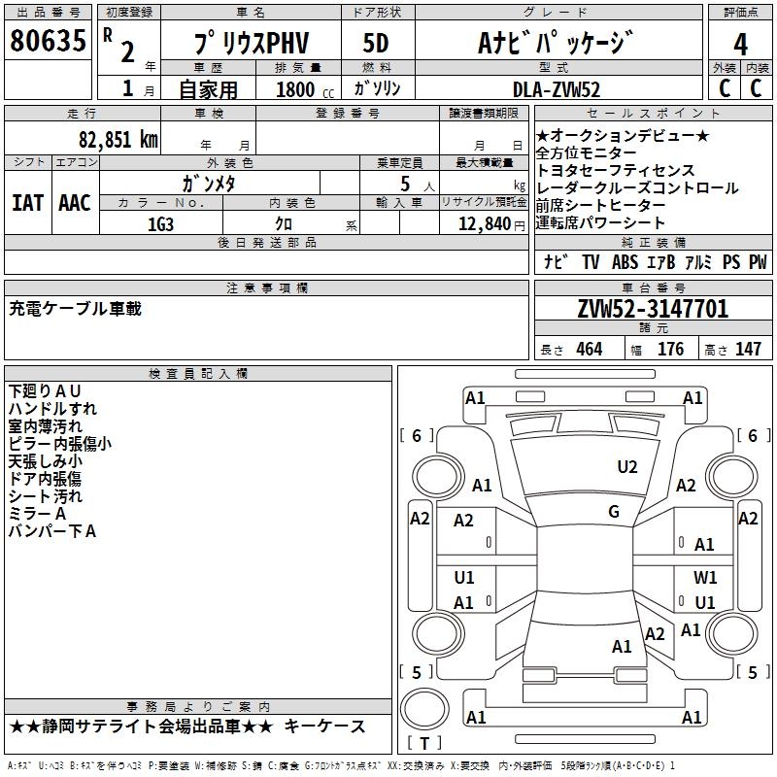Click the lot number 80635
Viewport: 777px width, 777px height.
click(47, 42)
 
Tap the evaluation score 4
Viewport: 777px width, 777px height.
click(741, 45)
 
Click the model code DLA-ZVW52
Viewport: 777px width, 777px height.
click(557, 89)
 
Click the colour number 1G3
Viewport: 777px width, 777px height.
click(160, 222)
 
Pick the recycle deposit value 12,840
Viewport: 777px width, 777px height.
click(483, 223)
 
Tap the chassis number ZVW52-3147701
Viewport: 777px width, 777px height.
click(652, 309)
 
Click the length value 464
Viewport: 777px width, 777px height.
click(589, 350)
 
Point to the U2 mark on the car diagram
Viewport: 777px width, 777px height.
click(627, 467)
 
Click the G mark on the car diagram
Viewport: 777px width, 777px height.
click(614, 511)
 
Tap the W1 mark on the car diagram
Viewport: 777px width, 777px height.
click(705, 578)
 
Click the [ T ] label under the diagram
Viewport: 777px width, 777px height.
click(423, 744)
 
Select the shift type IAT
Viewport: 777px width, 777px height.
click(27, 203)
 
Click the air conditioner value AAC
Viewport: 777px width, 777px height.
click(75, 203)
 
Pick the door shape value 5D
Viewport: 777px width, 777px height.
click(375, 44)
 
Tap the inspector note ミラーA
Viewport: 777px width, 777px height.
click(37, 513)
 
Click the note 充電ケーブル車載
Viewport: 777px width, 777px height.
click(75, 309)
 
